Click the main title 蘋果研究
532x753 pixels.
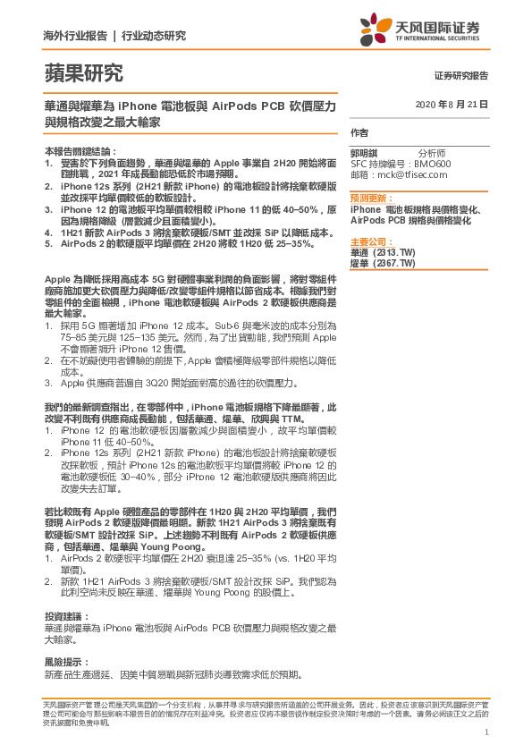click(83, 73)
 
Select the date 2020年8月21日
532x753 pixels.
click(452, 106)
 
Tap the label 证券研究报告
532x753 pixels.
click(461, 76)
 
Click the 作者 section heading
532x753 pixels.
click(359, 132)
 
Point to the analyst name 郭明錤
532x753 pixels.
click(363, 153)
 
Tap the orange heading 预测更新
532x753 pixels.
click(369, 198)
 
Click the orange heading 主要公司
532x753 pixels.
click(369, 242)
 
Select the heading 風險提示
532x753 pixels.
click(64, 662)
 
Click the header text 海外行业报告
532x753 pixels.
click(75, 36)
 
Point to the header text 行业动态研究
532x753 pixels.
click(153, 36)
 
